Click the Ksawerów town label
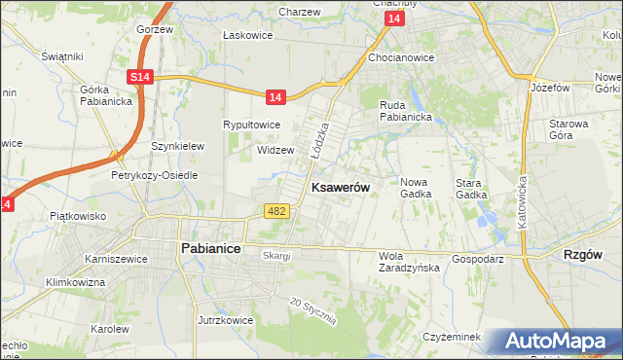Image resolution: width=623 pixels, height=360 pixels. (339, 188)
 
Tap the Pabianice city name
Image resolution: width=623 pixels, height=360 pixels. (211, 249)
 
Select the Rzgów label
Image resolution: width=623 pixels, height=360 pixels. (583, 254)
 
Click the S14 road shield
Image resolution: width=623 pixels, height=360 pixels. (140, 76)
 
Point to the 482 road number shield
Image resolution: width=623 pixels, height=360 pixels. (275, 210)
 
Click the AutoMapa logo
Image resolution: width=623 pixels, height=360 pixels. (559, 342)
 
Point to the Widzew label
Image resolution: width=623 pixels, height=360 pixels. (275, 150)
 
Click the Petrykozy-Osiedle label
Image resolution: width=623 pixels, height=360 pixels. (155, 175)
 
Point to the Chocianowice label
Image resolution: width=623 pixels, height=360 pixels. (400, 57)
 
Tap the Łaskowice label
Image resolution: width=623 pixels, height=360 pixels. (245, 35)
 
